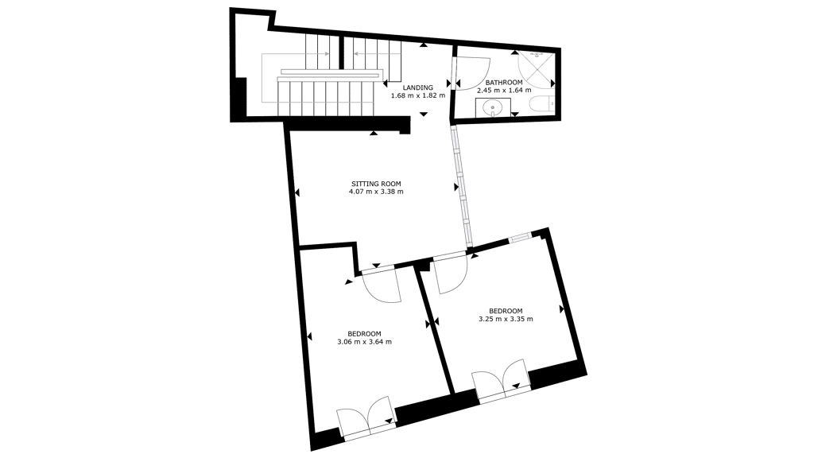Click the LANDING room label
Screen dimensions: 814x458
pos(418,87)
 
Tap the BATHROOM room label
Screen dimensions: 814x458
pos(503,83)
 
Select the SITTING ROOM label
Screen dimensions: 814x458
pos(376,184)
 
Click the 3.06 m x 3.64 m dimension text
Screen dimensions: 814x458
pos(364,342)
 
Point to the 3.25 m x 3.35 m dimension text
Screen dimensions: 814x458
pos(506,319)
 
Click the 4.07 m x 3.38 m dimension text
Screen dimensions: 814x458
pos(376,191)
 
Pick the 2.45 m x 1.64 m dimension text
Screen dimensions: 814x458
pos(504,90)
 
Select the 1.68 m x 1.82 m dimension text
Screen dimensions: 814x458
pos(418,95)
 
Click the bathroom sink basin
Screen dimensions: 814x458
pos(491,108)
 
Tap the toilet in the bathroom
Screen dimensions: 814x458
pos(542,104)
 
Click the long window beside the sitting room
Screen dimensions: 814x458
pos(462,186)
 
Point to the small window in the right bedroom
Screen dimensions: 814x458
pos(520,238)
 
